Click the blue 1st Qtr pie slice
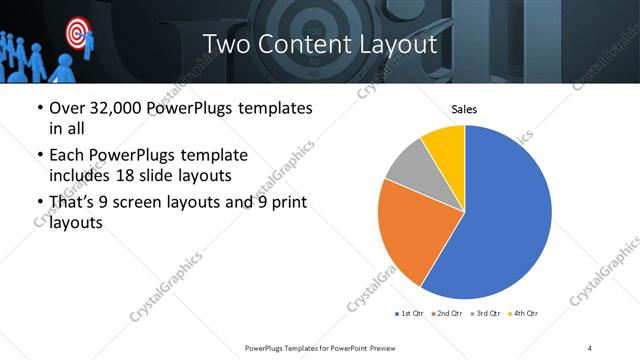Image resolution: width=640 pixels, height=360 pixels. click(x=505, y=215)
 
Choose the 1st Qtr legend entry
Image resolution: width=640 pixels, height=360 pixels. click(x=412, y=314)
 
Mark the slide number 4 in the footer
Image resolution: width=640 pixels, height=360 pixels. click(x=590, y=347)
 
